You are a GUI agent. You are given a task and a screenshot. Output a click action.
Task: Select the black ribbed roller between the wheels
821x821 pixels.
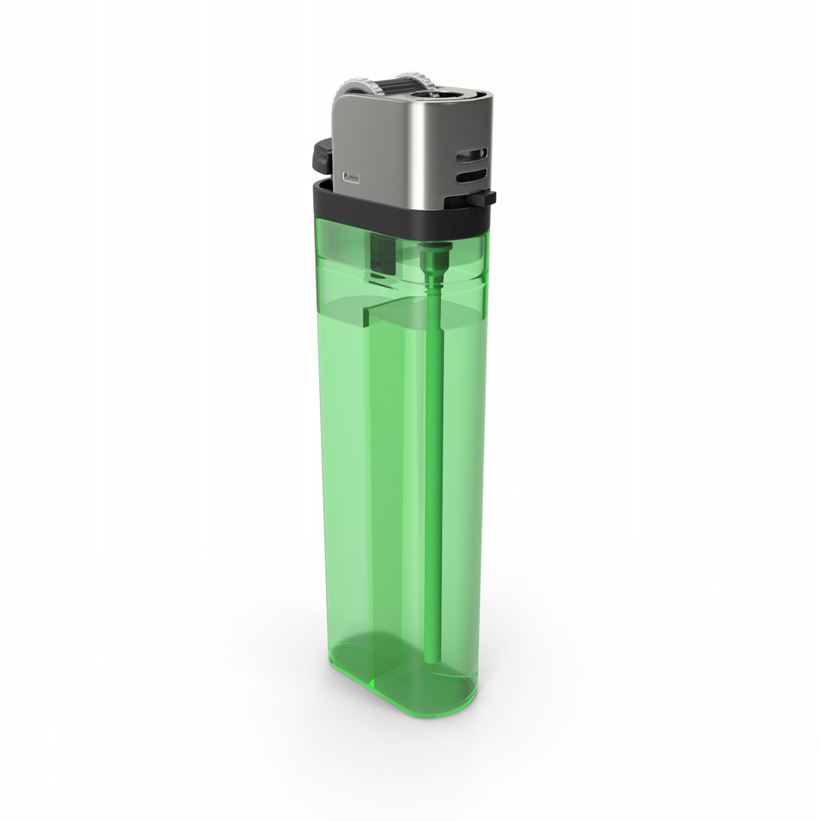click(x=391, y=84)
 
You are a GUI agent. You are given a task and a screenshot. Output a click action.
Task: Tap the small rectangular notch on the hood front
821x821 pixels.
click(x=351, y=178)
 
